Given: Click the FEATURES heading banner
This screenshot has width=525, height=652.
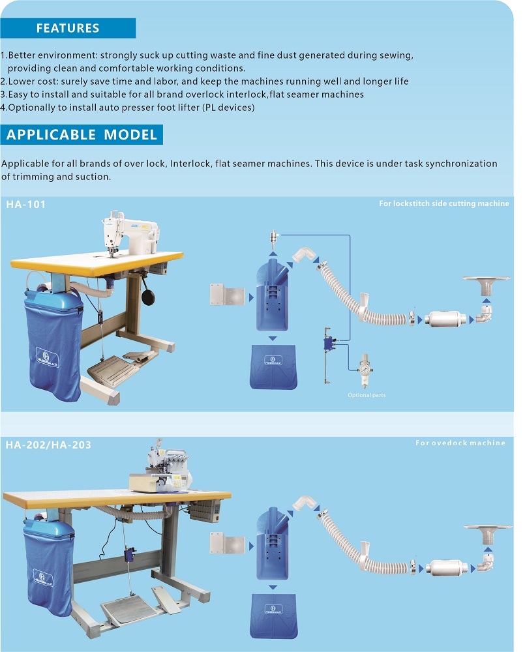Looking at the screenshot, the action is (x=68, y=28).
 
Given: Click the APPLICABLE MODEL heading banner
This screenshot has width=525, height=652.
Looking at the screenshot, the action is (x=82, y=134).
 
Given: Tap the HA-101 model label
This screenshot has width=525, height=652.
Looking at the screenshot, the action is (x=26, y=204).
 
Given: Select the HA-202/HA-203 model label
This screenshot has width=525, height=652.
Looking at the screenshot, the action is (x=48, y=445).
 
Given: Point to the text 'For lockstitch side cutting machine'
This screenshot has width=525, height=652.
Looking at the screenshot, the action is (x=444, y=203).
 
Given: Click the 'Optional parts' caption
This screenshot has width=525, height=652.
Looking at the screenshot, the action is (x=367, y=395).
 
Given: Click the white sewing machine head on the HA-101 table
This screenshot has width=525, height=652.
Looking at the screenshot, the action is (x=130, y=234).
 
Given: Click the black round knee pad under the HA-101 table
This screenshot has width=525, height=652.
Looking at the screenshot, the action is (x=149, y=297).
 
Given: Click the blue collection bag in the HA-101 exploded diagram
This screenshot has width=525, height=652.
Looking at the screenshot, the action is (x=273, y=366).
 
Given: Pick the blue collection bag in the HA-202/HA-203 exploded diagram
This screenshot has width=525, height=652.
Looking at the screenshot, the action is (x=273, y=616).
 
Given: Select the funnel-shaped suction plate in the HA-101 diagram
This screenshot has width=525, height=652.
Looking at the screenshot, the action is (x=487, y=286).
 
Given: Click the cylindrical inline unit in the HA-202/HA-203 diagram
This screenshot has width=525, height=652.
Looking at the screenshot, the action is (x=445, y=568).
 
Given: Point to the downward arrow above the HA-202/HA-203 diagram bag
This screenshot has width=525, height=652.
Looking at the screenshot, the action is (x=273, y=587).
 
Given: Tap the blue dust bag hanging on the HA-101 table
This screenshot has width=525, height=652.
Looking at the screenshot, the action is (x=53, y=344).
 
